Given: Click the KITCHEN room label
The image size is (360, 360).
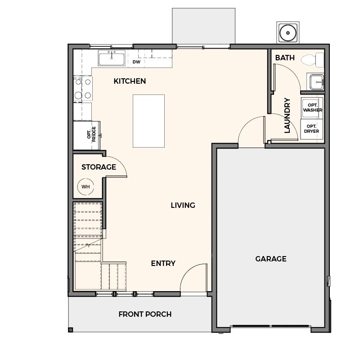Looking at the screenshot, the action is pyautogui.click(x=130, y=81).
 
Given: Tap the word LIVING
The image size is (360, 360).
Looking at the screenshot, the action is pyautogui.click(x=183, y=205).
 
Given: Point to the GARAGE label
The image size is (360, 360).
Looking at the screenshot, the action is pyautogui.click(x=271, y=259).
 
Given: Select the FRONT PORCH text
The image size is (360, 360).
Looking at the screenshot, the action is pyautogui.click(x=145, y=314).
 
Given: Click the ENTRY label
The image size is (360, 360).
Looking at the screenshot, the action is pyautogui.click(x=163, y=263).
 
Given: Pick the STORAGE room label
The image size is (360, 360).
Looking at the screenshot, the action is pyautogui.click(x=99, y=167).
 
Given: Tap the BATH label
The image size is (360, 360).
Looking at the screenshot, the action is pyautogui.click(x=285, y=58).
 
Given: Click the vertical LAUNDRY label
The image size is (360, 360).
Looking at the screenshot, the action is pyautogui.click(x=287, y=116).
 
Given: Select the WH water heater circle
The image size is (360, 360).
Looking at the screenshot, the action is pyautogui.click(x=85, y=187).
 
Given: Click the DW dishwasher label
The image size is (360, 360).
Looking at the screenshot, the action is pyautogui.click(x=136, y=62).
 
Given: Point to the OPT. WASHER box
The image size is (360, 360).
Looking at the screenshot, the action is pyautogui.click(x=312, y=108).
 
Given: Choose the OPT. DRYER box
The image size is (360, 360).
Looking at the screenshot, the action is pyautogui.click(x=312, y=129).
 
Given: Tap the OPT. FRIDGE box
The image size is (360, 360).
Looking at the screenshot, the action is pyautogui.click(x=86, y=135).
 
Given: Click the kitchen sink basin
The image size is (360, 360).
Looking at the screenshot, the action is pyautogui.click(x=112, y=58).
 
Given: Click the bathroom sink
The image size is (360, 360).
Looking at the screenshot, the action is pyautogui.click(x=317, y=82).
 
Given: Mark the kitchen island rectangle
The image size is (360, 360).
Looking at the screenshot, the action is pyautogui.click(x=149, y=121).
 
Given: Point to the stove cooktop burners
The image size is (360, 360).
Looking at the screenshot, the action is pyautogui.click(x=83, y=88).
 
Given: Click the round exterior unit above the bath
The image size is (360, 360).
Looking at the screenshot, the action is pyautogui.click(x=288, y=33).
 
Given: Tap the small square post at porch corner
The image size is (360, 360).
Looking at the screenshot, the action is pyautogui.click(x=71, y=330).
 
